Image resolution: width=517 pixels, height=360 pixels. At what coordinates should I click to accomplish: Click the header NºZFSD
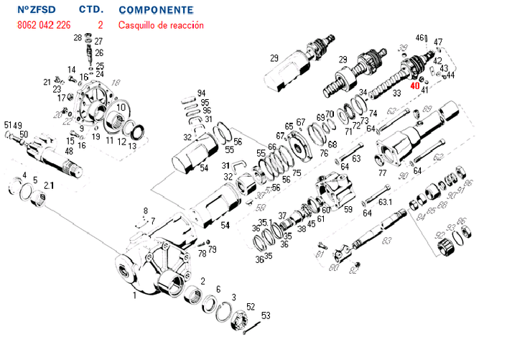(x=36, y=10)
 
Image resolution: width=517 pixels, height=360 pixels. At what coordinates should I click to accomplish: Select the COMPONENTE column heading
(x=155, y=10)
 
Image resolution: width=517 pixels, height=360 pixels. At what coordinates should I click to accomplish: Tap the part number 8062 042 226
(x=43, y=25)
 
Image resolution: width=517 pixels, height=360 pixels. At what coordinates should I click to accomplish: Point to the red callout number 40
(x=414, y=86)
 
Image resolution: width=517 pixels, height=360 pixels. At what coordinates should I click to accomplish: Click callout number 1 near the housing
(x=134, y=295)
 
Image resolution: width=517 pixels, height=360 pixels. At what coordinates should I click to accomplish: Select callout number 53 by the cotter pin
(x=265, y=315)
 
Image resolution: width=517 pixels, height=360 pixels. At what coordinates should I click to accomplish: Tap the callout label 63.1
(x=385, y=203)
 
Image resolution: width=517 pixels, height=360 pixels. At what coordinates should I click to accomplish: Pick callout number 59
(x=348, y=210)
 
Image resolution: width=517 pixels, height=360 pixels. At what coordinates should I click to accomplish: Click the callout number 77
(x=382, y=172)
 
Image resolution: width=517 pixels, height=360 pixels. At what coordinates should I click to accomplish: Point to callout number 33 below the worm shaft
(x=396, y=94)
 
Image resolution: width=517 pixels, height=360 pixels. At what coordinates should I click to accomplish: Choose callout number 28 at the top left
(x=78, y=37)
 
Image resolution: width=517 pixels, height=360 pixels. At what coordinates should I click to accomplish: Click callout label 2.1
(x=48, y=185)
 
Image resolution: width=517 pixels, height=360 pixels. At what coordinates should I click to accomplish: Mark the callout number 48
(x=69, y=151)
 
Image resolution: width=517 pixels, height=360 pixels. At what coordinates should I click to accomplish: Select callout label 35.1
(x=265, y=223)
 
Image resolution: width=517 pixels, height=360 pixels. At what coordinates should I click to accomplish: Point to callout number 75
(x=296, y=174)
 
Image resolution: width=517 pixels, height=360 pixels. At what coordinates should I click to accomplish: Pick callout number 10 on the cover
(x=121, y=108)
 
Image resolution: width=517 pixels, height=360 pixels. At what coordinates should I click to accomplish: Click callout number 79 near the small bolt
(x=212, y=249)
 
